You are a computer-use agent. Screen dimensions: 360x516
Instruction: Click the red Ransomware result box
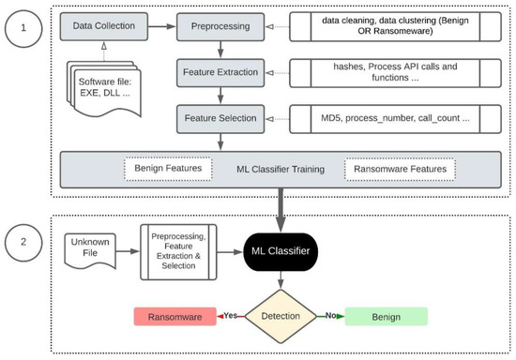[176, 317]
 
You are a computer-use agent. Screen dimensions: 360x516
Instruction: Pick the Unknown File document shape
[90, 251]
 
